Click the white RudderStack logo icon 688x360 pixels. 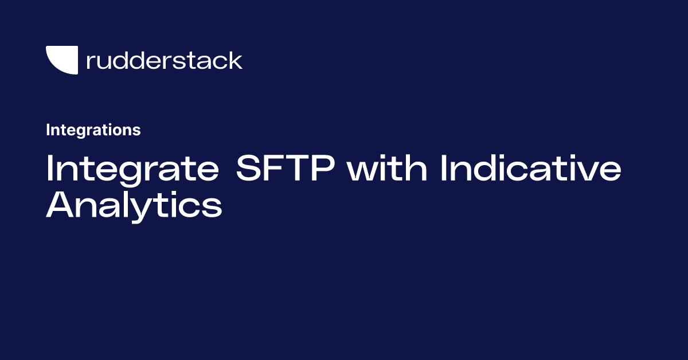coord(61,60)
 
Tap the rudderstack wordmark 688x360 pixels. coord(164,60)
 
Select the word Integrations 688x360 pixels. coord(93,130)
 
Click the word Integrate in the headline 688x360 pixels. coord(132,170)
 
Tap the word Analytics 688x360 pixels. coord(134,206)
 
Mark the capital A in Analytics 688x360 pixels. coord(61,206)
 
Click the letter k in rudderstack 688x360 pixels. coord(236,60)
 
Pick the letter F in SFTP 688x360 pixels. coord(276,170)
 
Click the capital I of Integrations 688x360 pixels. coord(48,130)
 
